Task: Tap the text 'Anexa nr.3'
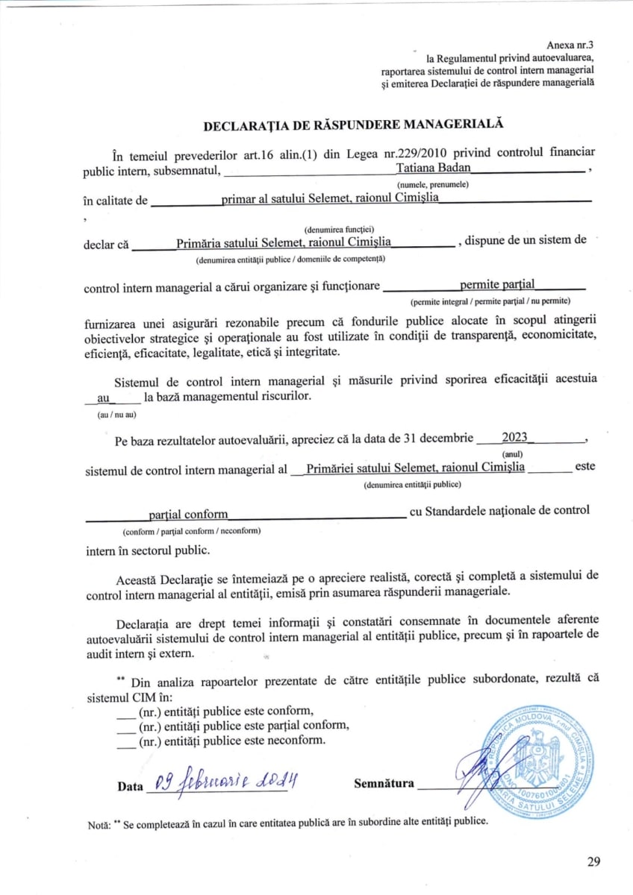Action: (570, 45)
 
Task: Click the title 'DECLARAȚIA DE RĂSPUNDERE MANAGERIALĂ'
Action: (354, 125)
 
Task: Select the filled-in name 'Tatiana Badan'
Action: (433, 168)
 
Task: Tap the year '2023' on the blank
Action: (515, 437)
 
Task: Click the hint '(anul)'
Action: (512, 453)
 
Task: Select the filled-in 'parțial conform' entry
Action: (188, 514)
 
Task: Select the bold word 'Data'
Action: (130, 787)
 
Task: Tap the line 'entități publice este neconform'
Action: (231, 741)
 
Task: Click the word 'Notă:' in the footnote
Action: (99, 823)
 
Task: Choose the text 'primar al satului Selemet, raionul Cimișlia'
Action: (330, 198)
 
